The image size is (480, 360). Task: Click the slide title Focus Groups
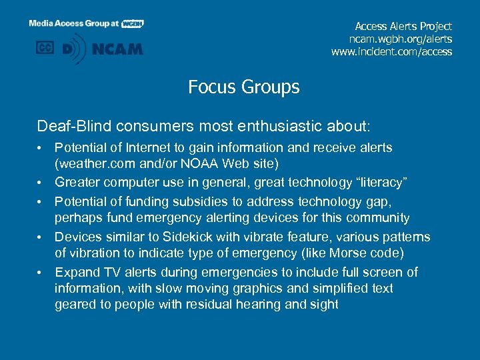(243, 87)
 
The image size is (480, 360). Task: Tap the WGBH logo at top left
(133, 23)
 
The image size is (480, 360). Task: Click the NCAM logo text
(117, 49)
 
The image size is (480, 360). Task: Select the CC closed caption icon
(45, 48)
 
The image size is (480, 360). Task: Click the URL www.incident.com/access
(391, 51)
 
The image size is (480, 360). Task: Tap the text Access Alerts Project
(403, 26)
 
